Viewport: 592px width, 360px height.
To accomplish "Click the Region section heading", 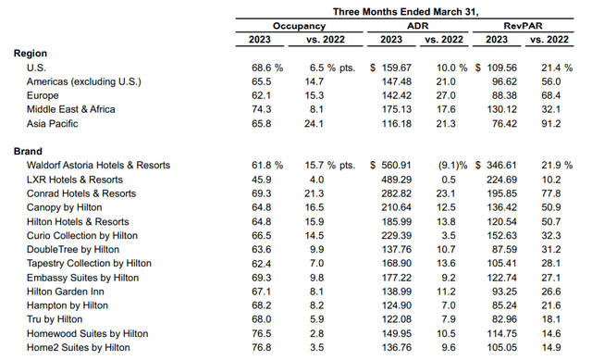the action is pos(32,54).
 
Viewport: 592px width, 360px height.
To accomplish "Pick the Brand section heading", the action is pos(31,150).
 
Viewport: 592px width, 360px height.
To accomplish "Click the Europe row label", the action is pos(43,96).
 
